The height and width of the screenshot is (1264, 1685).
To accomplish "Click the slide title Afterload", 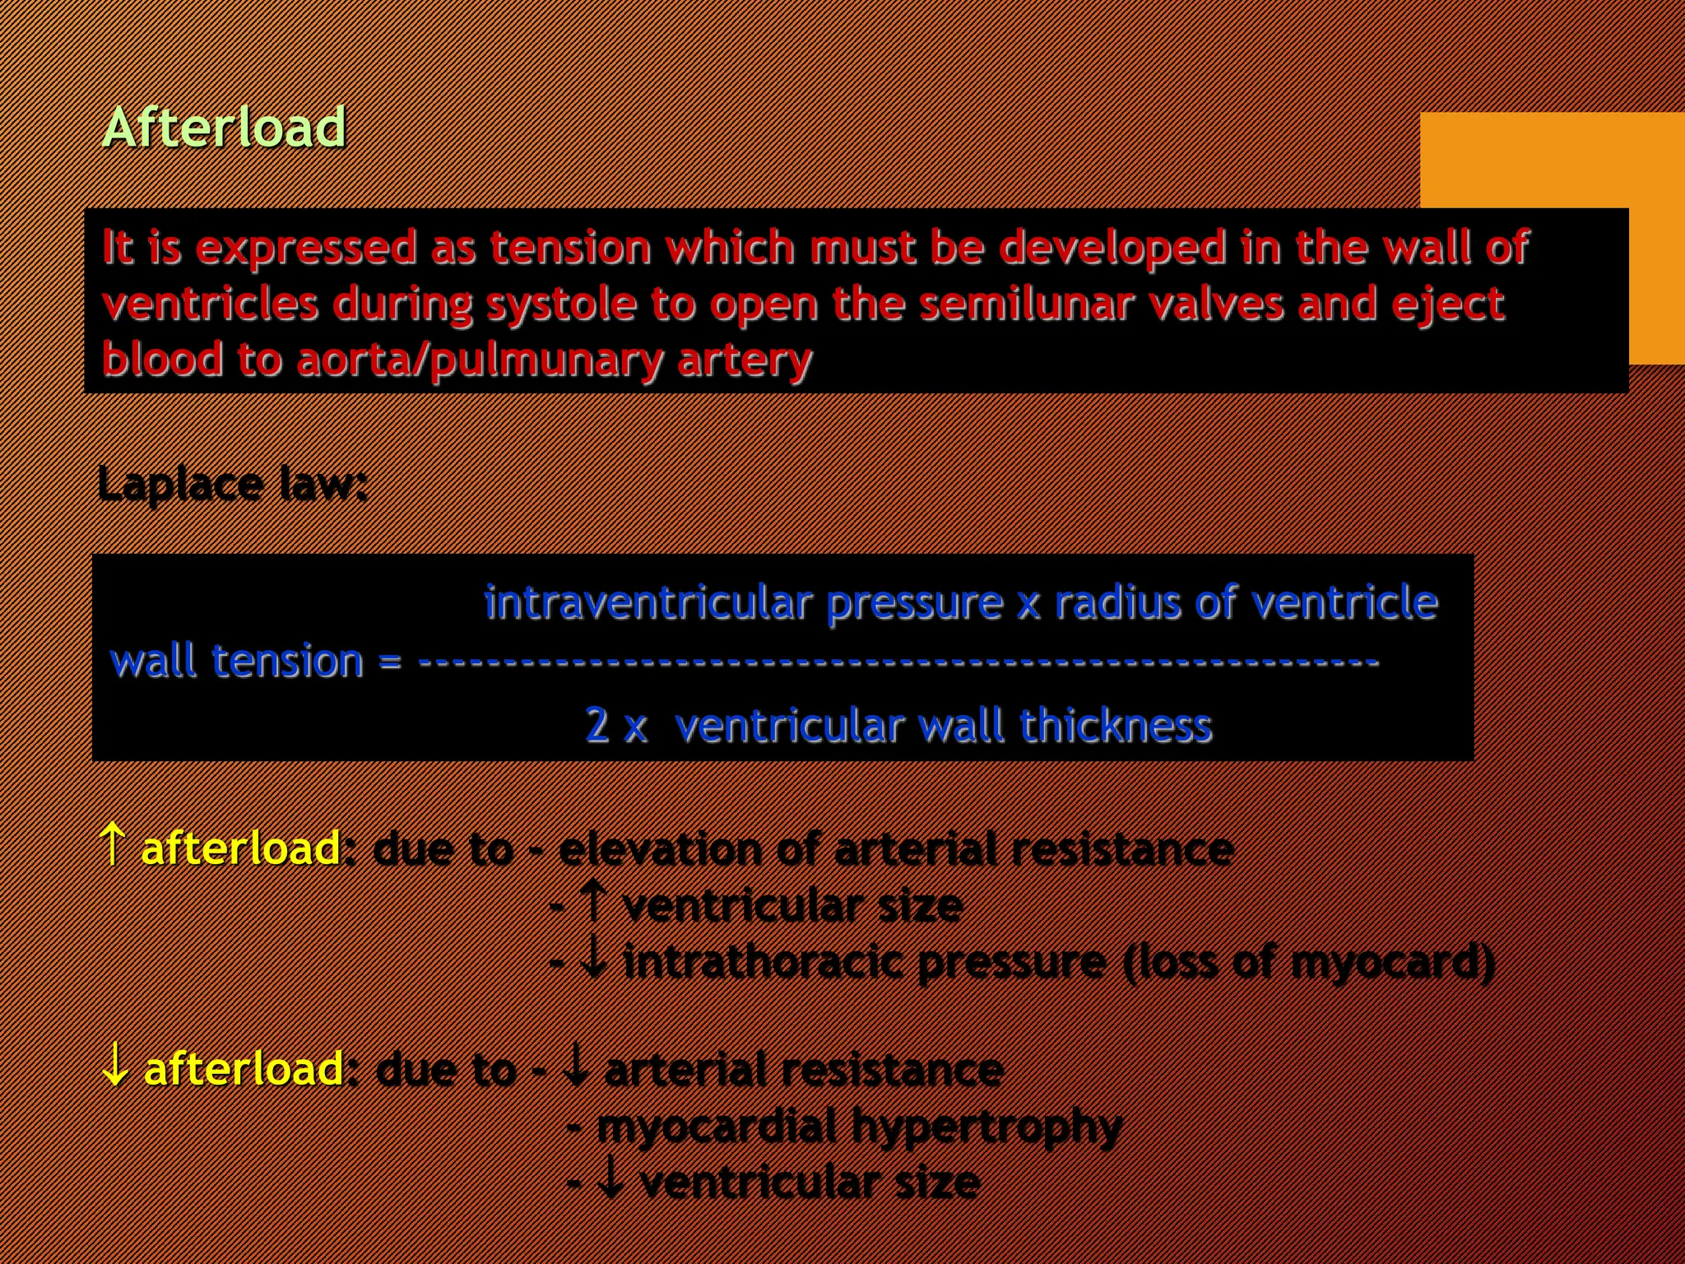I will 224,128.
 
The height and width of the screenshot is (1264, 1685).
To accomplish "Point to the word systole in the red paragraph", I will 561,304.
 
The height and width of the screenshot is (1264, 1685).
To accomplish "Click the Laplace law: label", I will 232,484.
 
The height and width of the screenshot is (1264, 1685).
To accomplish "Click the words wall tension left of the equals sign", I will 237,661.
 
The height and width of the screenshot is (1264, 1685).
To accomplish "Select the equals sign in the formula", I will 390,662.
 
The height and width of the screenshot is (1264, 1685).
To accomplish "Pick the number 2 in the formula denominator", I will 596,725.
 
